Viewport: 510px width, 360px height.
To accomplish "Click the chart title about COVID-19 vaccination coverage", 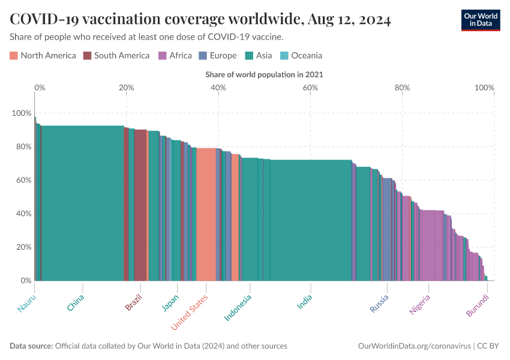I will (x=200, y=20).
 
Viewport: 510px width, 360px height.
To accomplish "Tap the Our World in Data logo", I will (x=480, y=20).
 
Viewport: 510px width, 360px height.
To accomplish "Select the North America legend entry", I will (x=43, y=56).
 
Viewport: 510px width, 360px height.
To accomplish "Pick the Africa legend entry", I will (x=175, y=56).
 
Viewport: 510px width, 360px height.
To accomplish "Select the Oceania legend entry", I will (x=301, y=56).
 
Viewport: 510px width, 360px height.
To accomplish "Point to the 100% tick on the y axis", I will (x=22, y=113).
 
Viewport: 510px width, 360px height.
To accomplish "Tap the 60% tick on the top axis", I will (x=310, y=88).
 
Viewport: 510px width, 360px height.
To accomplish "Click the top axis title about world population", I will (x=264, y=75).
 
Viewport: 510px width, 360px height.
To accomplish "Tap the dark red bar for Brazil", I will (x=140, y=207).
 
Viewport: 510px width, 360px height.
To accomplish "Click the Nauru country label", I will (x=26, y=304).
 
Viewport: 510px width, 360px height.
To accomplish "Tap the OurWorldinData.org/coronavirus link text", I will (x=414, y=346).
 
